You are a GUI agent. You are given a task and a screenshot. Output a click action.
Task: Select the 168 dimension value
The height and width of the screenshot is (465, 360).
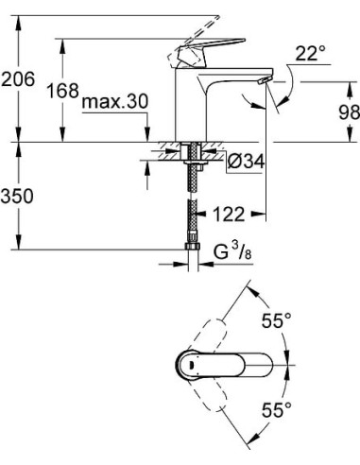click(x=63, y=92)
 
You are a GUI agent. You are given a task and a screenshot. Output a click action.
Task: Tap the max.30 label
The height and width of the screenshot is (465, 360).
click(x=114, y=101)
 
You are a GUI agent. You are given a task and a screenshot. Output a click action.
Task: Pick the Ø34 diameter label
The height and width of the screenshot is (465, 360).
click(x=244, y=163)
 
